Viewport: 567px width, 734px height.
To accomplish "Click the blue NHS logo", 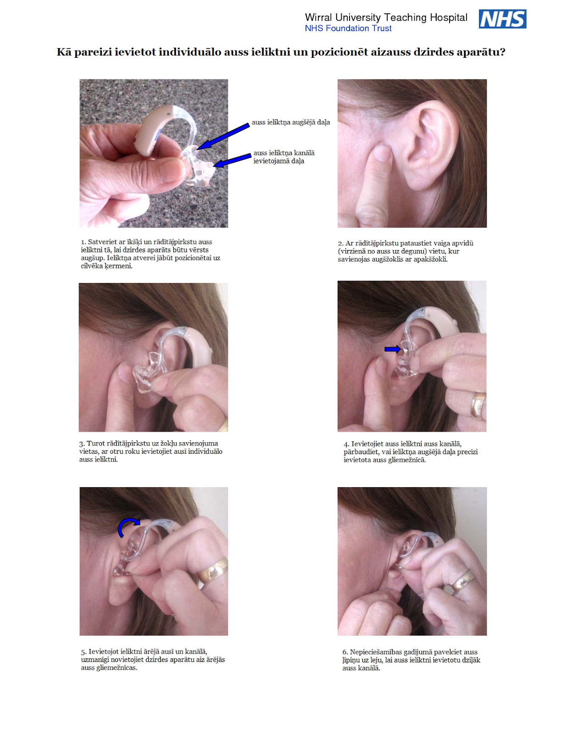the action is pos(502,19).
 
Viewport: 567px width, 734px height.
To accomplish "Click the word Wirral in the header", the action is pos(318,17).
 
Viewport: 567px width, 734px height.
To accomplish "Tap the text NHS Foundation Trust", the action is pos(348,28).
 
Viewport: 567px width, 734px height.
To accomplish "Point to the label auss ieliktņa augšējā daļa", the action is pos(290,122).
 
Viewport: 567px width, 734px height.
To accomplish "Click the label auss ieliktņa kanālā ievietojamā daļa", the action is pos(283,157).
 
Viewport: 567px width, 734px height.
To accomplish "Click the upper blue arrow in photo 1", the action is pos(223,136).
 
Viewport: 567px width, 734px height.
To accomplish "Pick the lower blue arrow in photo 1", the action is pos(232,160).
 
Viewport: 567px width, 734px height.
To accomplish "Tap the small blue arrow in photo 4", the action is pos(392,349).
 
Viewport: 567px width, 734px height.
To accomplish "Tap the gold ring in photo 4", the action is pos(478,405).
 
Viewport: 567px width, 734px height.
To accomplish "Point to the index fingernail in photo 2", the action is pos(383,153).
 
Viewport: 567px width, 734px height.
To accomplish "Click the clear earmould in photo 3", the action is pos(148,372).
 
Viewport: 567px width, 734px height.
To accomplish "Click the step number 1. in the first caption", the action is pos(83,242).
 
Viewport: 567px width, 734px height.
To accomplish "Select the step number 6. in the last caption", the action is pos(345,652).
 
